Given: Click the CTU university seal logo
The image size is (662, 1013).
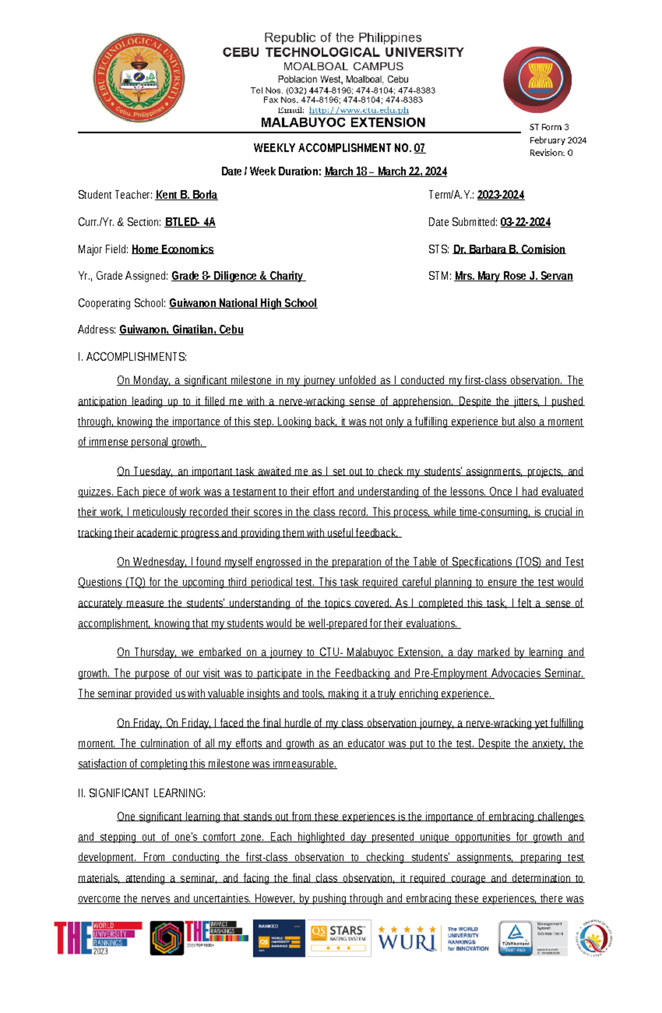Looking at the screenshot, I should pyautogui.click(x=138, y=78).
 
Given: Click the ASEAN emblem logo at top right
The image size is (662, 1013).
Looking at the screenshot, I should pyautogui.click(x=537, y=79).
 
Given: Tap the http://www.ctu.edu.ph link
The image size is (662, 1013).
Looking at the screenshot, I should pyautogui.click(x=359, y=110).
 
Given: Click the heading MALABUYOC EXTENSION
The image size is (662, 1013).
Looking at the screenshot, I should pyautogui.click(x=343, y=123).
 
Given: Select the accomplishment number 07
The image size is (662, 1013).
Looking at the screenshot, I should pyautogui.click(x=419, y=148).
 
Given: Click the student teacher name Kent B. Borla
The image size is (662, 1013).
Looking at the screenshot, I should pyautogui.click(x=186, y=195).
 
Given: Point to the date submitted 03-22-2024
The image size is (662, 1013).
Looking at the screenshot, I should pyautogui.click(x=525, y=222).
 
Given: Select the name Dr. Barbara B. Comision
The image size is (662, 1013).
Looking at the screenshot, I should pyautogui.click(x=509, y=249).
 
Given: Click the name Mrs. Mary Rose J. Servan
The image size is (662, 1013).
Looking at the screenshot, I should pyautogui.click(x=514, y=275).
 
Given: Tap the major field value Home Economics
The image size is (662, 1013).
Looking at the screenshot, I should pyautogui.click(x=172, y=249).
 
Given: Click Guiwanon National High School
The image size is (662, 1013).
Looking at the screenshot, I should pyautogui.click(x=243, y=303).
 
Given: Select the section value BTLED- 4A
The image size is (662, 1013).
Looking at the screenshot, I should pyautogui.click(x=190, y=222).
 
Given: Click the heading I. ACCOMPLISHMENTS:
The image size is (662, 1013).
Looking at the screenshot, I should pyautogui.click(x=132, y=357).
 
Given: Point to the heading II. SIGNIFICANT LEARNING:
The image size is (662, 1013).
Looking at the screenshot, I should pyautogui.click(x=142, y=793).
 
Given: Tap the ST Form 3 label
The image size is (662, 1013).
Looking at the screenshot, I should pyautogui.click(x=549, y=127).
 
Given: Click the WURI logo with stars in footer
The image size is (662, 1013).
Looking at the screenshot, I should pyautogui.click(x=407, y=938).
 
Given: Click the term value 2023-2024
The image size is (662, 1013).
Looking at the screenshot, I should pyautogui.click(x=500, y=195).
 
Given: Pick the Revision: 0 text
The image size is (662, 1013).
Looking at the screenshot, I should pyautogui.click(x=551, y=153).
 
